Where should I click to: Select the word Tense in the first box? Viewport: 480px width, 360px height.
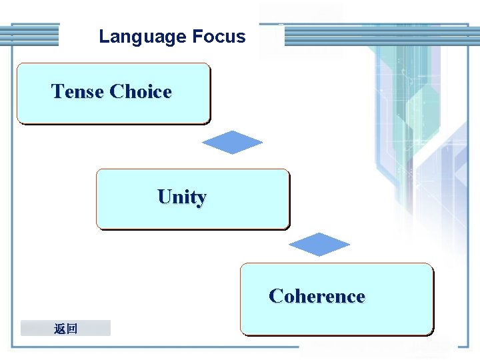pyautogui.click(x=77, y=91)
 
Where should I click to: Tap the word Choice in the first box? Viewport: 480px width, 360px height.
pyautogui.click(x=141, y=91)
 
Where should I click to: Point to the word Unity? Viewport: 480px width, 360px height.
pyautogui.click(x=182, y=197)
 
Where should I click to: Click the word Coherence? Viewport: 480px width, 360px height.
pyautogui.click(x=317, y=296)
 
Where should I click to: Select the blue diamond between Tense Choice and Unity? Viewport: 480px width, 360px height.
pyautogui.click(x=232, y=142)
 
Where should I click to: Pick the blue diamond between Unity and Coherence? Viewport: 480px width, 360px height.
pyautogui.click(x=319, y=245)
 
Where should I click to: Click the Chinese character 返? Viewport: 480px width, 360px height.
pyautogui.click(x=60, y=328)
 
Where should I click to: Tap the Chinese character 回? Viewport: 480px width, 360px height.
pyautogui.click(x=72, y=328)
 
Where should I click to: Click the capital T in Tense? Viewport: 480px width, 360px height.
pyautogui.click(x=58, y=91)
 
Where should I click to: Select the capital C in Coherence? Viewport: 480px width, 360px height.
pyautogui.click(x=275, y=296)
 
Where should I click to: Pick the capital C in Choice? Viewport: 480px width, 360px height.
pyautogui.click(x=117, y=91)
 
